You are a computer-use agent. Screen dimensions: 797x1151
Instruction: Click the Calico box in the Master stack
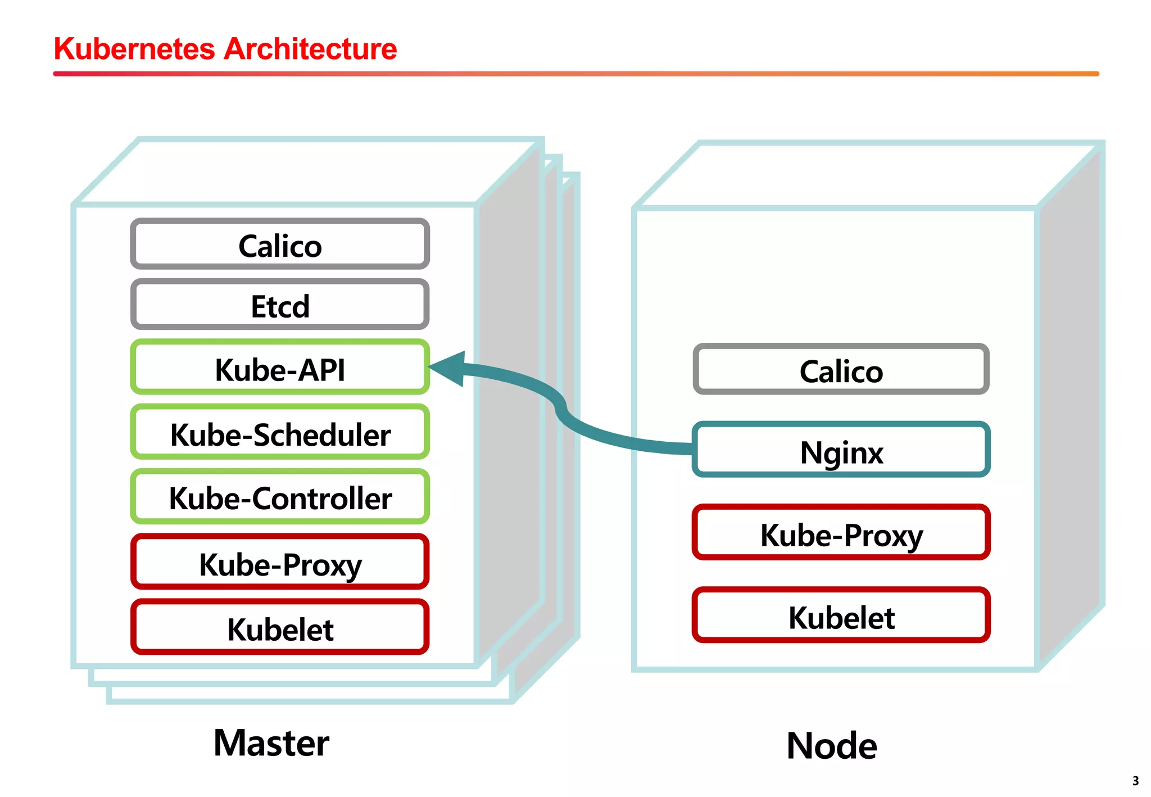coord(280,244)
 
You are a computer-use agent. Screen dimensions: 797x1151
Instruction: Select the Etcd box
coord(280,305)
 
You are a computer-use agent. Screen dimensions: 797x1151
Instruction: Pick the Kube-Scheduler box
coord(280,433)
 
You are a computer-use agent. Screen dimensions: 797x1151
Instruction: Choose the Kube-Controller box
coord(280,497)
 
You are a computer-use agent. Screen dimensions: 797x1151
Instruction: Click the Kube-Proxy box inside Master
coord(280,563)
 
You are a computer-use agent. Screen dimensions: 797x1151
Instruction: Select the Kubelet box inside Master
coord(280,627)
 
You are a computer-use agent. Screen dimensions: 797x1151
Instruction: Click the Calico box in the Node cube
coord(841,370)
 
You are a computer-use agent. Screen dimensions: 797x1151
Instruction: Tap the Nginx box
coord(841,450)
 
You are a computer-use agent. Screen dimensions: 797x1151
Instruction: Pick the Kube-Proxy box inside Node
coord(841,533)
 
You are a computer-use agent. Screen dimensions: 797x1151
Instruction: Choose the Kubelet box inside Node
coord(841,615)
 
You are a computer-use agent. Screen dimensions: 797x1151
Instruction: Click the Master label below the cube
coord(271,743)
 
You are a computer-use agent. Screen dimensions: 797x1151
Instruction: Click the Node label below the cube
coord(832,746)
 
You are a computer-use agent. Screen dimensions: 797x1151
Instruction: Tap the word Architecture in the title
coord(310,49)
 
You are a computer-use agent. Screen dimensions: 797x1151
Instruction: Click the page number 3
coord(1135,781)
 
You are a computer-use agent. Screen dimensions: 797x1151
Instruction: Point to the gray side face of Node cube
coord(1070,405)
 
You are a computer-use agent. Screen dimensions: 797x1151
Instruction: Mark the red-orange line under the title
coord(575,74)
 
